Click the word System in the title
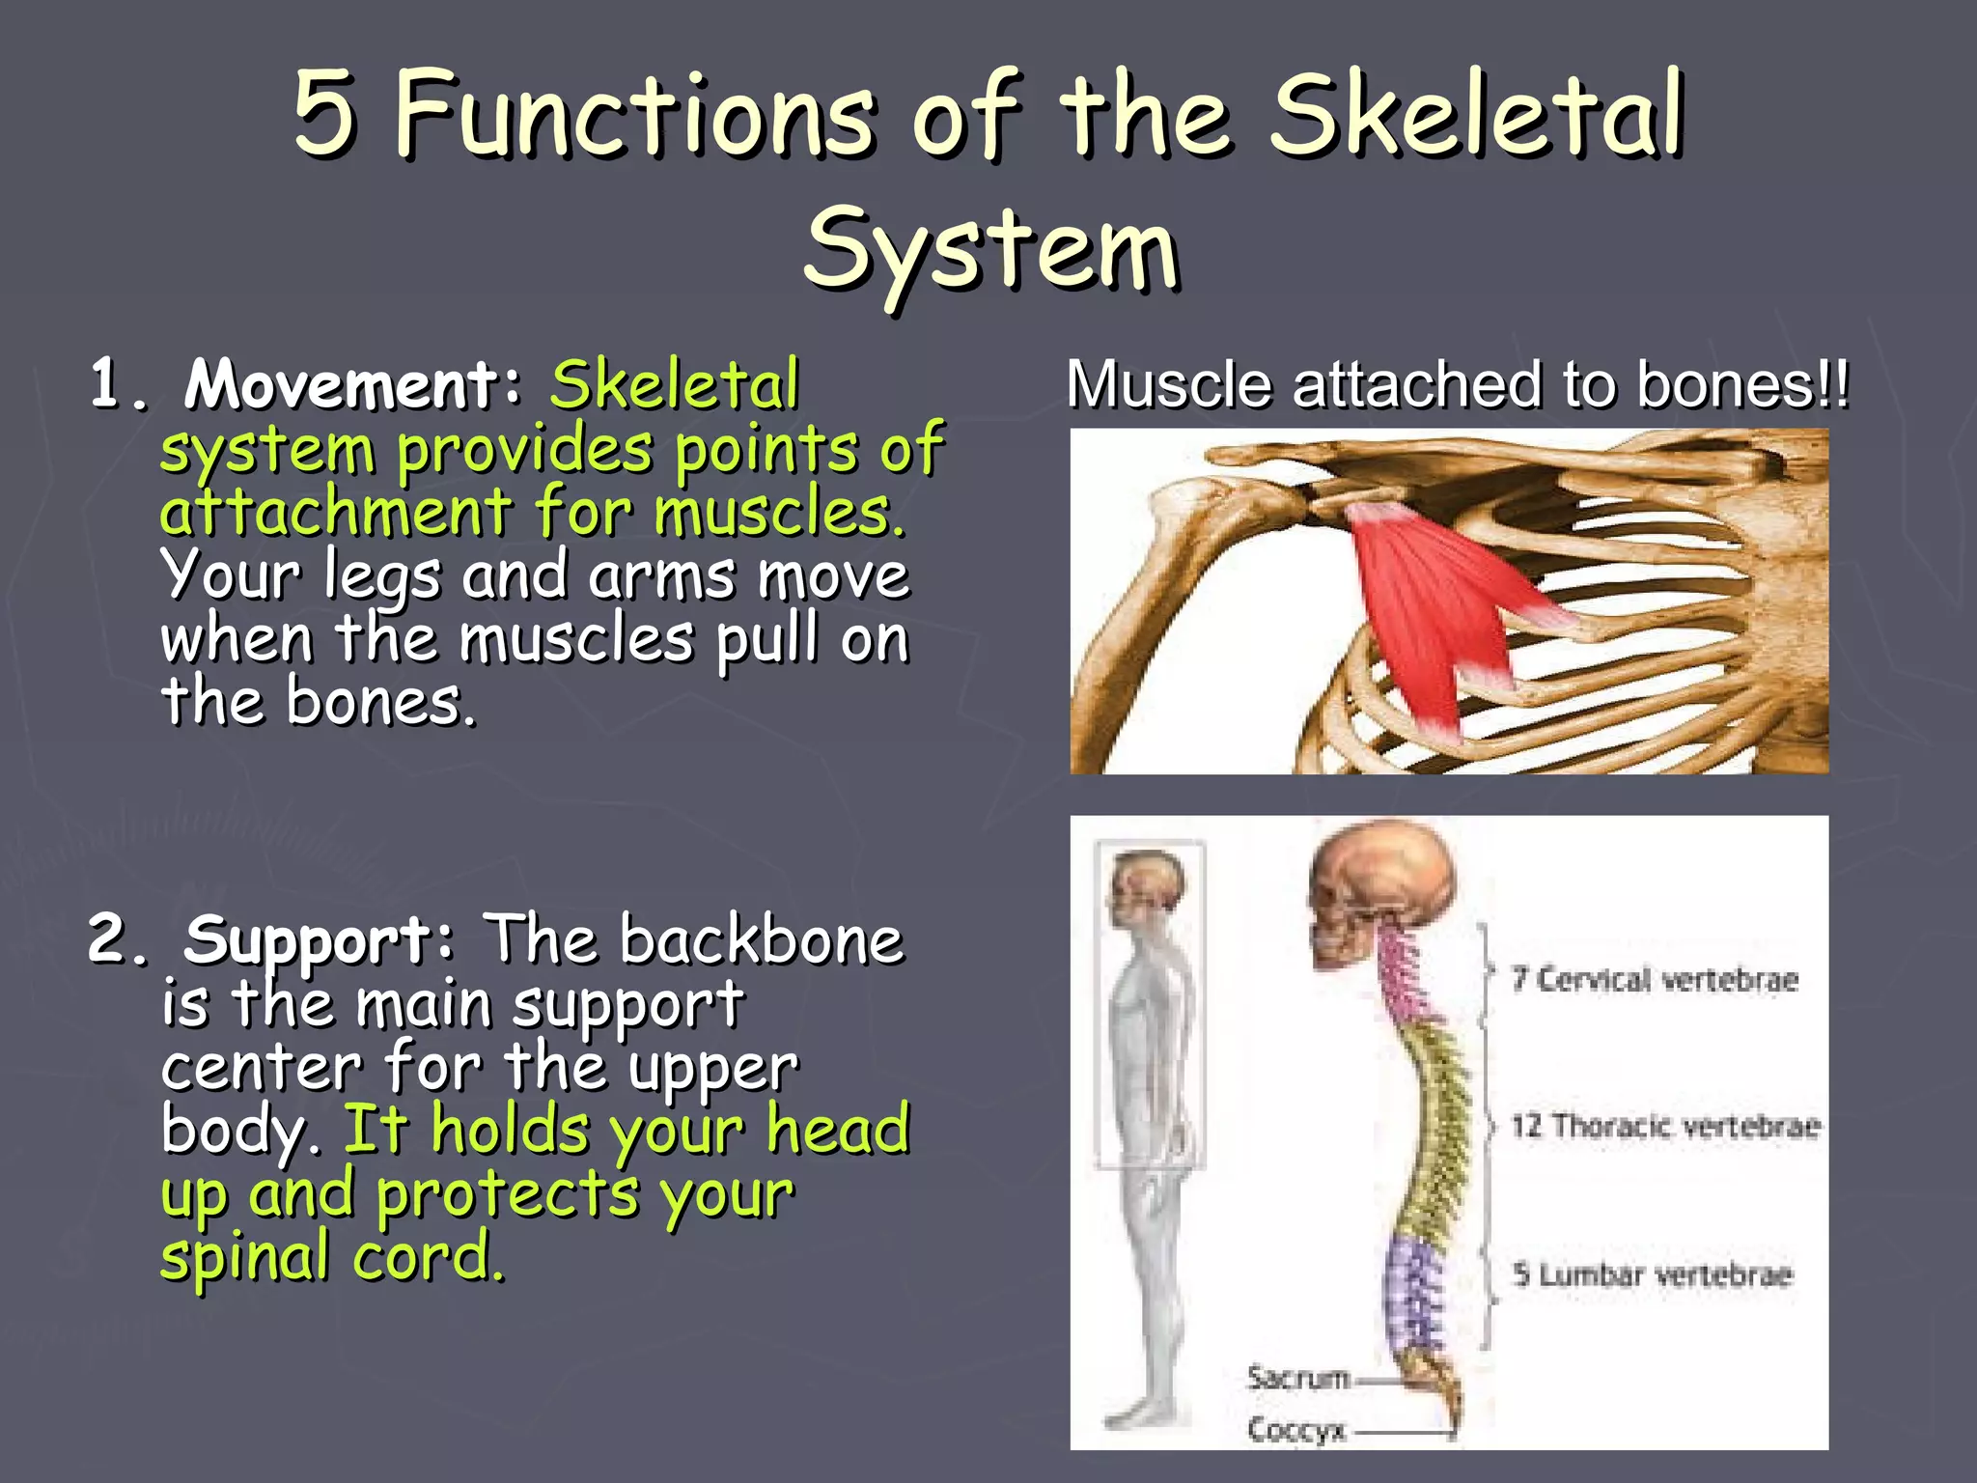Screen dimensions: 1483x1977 tap(990, 249)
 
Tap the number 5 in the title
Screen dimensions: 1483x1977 tap(324, 114)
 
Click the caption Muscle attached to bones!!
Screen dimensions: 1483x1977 tap(1458, 384)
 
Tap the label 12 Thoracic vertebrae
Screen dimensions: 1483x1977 tap(1664, 1126)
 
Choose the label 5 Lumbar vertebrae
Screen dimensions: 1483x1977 tap(1653, 1274)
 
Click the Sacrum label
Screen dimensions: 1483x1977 tap(1297, 1377)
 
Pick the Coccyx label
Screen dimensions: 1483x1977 tap(1295, 1429)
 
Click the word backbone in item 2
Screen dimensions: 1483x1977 tap(761, 939)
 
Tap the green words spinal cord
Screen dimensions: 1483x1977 tap(332, 1257)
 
